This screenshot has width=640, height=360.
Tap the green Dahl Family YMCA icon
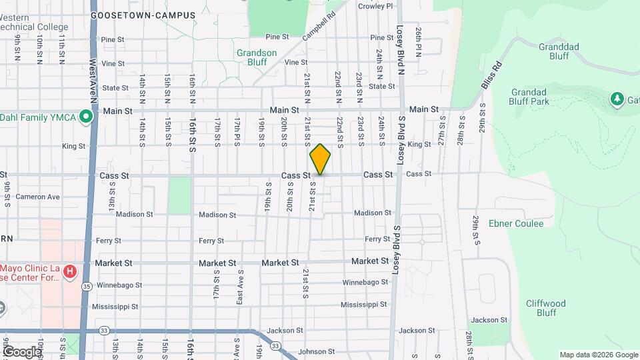[85, 117]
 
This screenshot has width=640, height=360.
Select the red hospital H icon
[70, 272]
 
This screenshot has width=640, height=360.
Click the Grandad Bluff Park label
[539, 97]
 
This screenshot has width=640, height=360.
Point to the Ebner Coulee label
[516, 223]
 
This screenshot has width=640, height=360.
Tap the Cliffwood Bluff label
[545, 308]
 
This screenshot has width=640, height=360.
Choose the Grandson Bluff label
[257, 57]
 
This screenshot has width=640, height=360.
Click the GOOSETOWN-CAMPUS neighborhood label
[143, 15]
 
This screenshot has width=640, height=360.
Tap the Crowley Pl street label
[376, 6]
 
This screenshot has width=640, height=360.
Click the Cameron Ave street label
[38, 197]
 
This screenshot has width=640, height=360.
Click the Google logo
[22, 351]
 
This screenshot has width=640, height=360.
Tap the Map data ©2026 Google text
[597, 355]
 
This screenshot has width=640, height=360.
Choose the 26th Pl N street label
[419, 42]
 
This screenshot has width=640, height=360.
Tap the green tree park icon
[617, 99]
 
